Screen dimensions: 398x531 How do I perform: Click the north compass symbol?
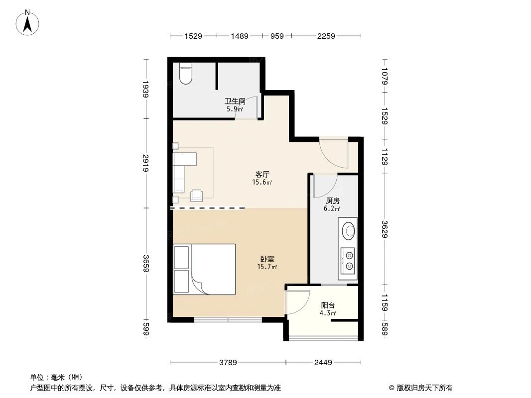pyautogui.click(x=29, y=22)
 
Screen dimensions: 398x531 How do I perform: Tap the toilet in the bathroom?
pyautogui.click(x=185, y=74)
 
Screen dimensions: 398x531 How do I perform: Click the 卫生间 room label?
pyautogui.click(x=235, y=101)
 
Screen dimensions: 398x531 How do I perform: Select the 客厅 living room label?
pyautogui.click(x=263, y=175)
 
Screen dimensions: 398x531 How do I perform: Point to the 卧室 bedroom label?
pyautogui.click(x=267, y=259)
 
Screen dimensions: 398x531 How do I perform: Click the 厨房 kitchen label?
pyautogui.click(x=332, y=200)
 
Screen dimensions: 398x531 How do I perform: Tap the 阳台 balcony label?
pyautogui.click(x=328, y=305)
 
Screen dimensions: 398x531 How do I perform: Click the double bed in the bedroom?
pyautogui.click(x=205, y=269)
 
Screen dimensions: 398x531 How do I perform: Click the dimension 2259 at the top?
pyautogui.click(x=326, y=36)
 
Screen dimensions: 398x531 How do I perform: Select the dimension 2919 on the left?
pyautogui.click(x=145, y=163)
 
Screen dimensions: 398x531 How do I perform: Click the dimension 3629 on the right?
pyautogui.click(x=384, y=229)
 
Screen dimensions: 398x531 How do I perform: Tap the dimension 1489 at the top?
pyautogui.click(x=240, y=36)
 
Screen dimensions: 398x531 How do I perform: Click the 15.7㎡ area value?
pyautogui.click(x=267, y=267)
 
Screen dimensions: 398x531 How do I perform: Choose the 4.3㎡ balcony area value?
pyautogui.click(x=328, y=313)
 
